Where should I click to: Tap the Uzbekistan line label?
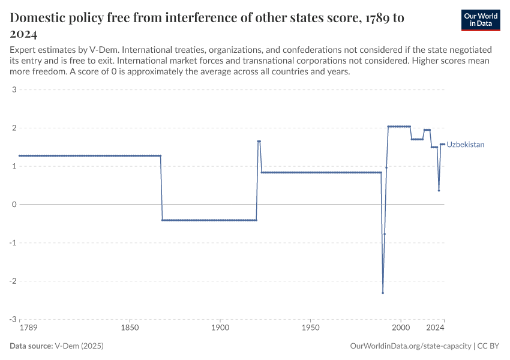[x=466, y=145]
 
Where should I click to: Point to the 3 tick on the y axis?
[x=13, y=90]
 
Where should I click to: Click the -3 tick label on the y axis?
[x=12, y=319]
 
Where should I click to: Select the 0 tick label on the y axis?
[x=13, y=205]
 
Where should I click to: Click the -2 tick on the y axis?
[x=12, y=281]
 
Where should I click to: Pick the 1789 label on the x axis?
[x=28, y=328]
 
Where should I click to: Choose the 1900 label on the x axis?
[x=220, y=328]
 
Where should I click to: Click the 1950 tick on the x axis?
[x=310, y=328]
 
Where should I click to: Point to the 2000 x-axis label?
[x=400, y=328]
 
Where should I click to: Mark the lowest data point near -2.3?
[x=383, y=293]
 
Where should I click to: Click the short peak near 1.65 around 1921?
[x=259, y=142]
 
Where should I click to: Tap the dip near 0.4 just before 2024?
[x=439, y=190]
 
